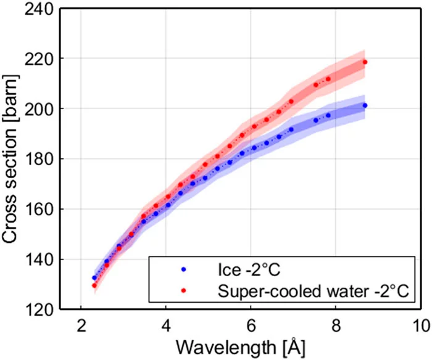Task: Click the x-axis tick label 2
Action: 81,325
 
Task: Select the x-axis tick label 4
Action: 166,325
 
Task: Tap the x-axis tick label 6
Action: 251,325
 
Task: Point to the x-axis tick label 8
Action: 336,325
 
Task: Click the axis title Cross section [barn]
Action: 12,159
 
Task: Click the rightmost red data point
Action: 365,62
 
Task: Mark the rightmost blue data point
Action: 365,105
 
